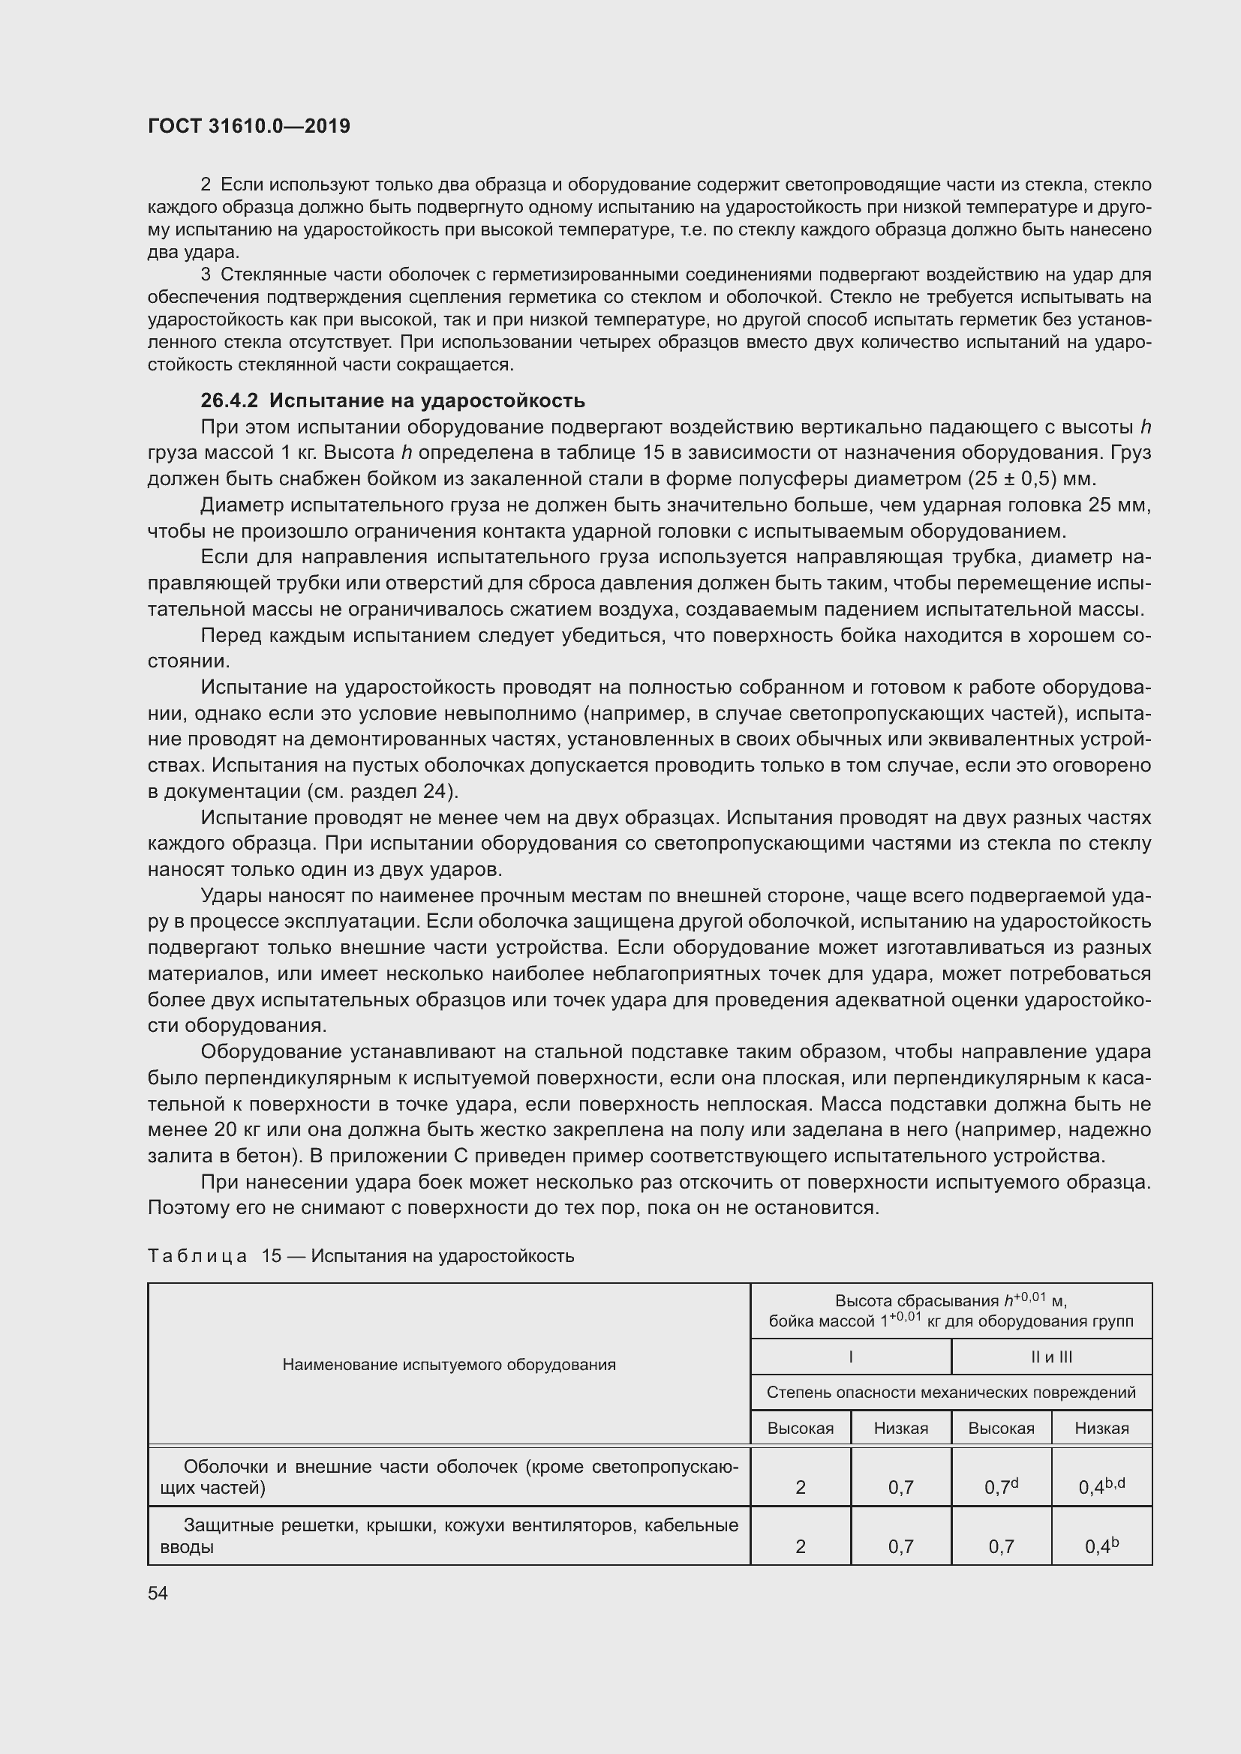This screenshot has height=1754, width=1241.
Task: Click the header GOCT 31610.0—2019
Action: pyautogui.click(x=248, y=126)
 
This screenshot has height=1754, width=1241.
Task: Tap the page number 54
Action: pyautogui.click(x=158, y=1593)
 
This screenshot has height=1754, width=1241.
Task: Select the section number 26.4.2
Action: pyautogui.click(x=230, y=400)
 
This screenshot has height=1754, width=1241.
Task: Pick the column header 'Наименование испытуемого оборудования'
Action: pyautogui.click(x=449, y=1364)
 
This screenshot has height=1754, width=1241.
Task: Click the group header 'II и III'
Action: pyautogui.click(x=1050, y=1357)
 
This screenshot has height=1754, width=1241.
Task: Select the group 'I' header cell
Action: pyautogui.click(x=850, y=1357)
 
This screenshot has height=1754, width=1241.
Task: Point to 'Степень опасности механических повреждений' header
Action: pyautogui.click(x=951, y=1392)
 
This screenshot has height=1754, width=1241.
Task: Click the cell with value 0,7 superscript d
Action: pyautogui.click(x=1000, y=1486)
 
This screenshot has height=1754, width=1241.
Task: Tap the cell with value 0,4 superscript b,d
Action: pyautogui.click(x=1101, y=1486)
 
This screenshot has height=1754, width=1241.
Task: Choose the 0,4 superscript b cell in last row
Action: pyautogui.click(x=1101, y=1546)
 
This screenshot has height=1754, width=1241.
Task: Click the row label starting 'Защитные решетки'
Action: pyautogui.click(x=449, y=1536)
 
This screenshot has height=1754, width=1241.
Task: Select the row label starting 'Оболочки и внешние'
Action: pyautogui.click(x=449, y=1477)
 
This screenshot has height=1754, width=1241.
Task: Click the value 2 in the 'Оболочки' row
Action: pyautogui.click(x=800, y=1487)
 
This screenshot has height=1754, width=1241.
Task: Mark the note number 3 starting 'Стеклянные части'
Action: pyautogui.click(x=206, y=274)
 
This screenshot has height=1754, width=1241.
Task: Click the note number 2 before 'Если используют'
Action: pyautogui.click(x=206, y=185)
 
